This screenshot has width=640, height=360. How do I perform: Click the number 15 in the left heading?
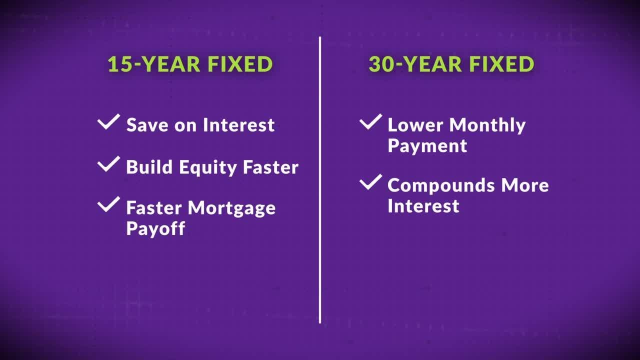coord(120,64)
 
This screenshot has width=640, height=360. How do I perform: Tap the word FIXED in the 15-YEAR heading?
coord(240,64)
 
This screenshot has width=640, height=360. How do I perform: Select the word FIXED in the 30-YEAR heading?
coord(501,64)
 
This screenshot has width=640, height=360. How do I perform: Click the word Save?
coord(147,125)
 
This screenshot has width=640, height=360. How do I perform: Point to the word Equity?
coord(207,167)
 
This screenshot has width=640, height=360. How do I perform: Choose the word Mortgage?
coord(231,208)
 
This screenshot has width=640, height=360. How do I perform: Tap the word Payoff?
coord(155,228)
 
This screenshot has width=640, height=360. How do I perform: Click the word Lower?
coord(415,125)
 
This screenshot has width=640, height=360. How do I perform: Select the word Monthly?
coord(487,125)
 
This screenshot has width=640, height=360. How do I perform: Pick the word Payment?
coord(427,146)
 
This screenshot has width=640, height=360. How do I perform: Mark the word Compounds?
coord(441,186)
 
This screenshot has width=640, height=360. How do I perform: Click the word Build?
coord(149,167)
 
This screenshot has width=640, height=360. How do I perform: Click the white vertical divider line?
coord(320,180)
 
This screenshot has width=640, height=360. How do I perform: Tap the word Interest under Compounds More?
coord(423,205)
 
